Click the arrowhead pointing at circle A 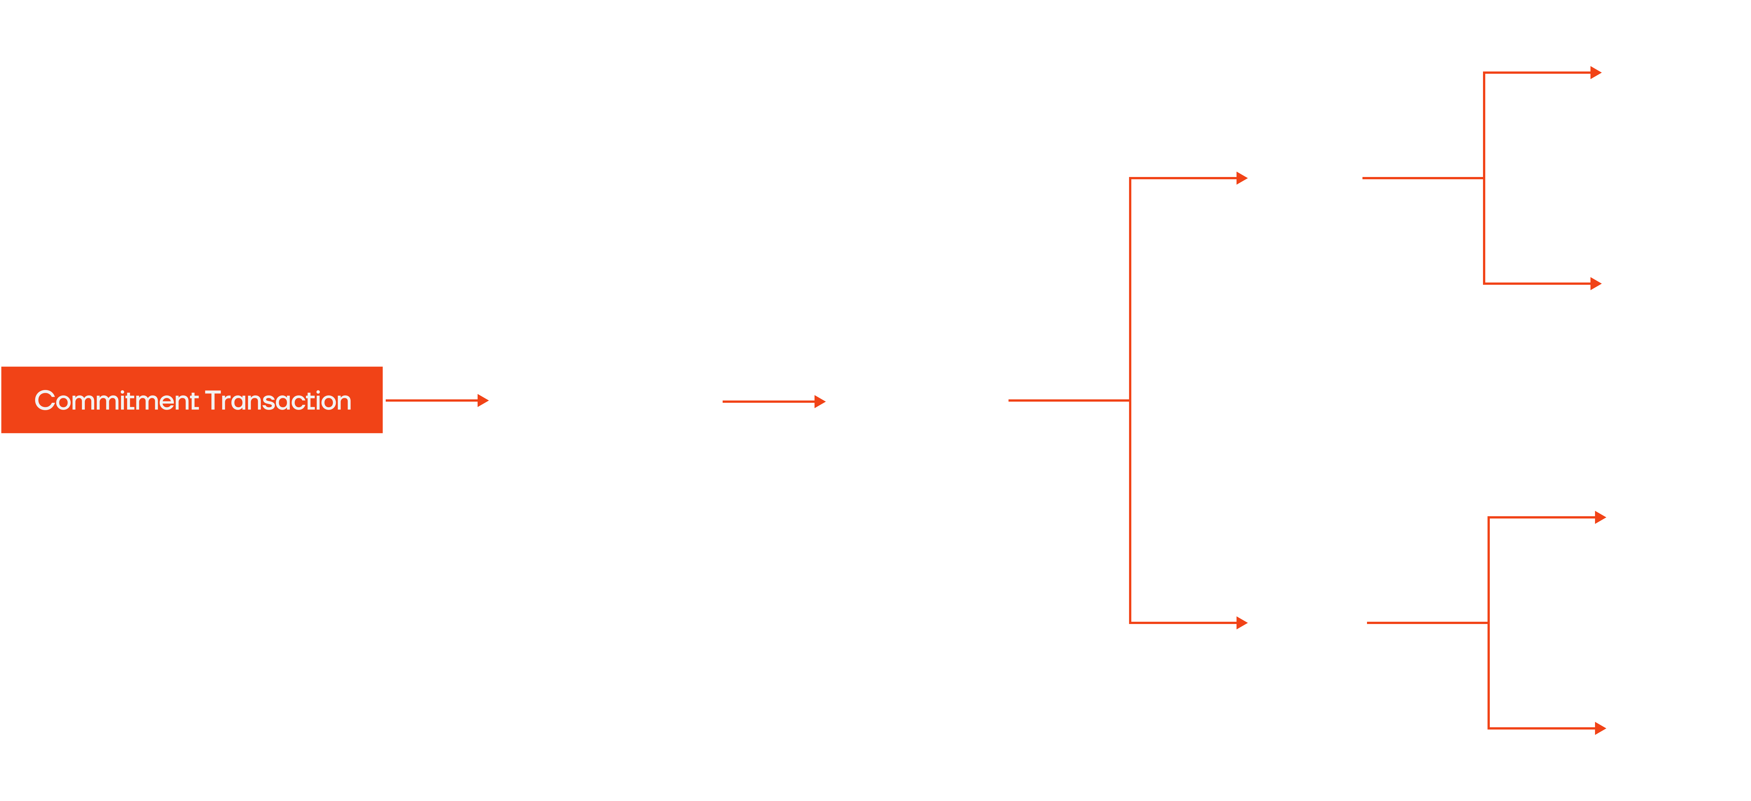click(x=1596, y=73)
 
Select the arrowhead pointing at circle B click(x=1596, y=284)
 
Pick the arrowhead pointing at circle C click(x=1600, y=517)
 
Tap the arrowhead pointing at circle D click(x=1600, y=728)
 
